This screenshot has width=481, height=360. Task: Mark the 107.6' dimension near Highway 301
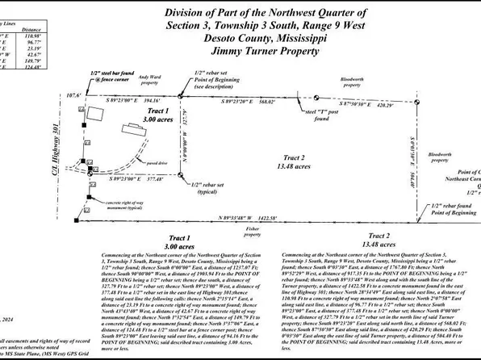click(75, 95)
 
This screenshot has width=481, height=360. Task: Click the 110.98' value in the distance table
click(33, 36)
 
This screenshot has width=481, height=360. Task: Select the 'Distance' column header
click(33, 27)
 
